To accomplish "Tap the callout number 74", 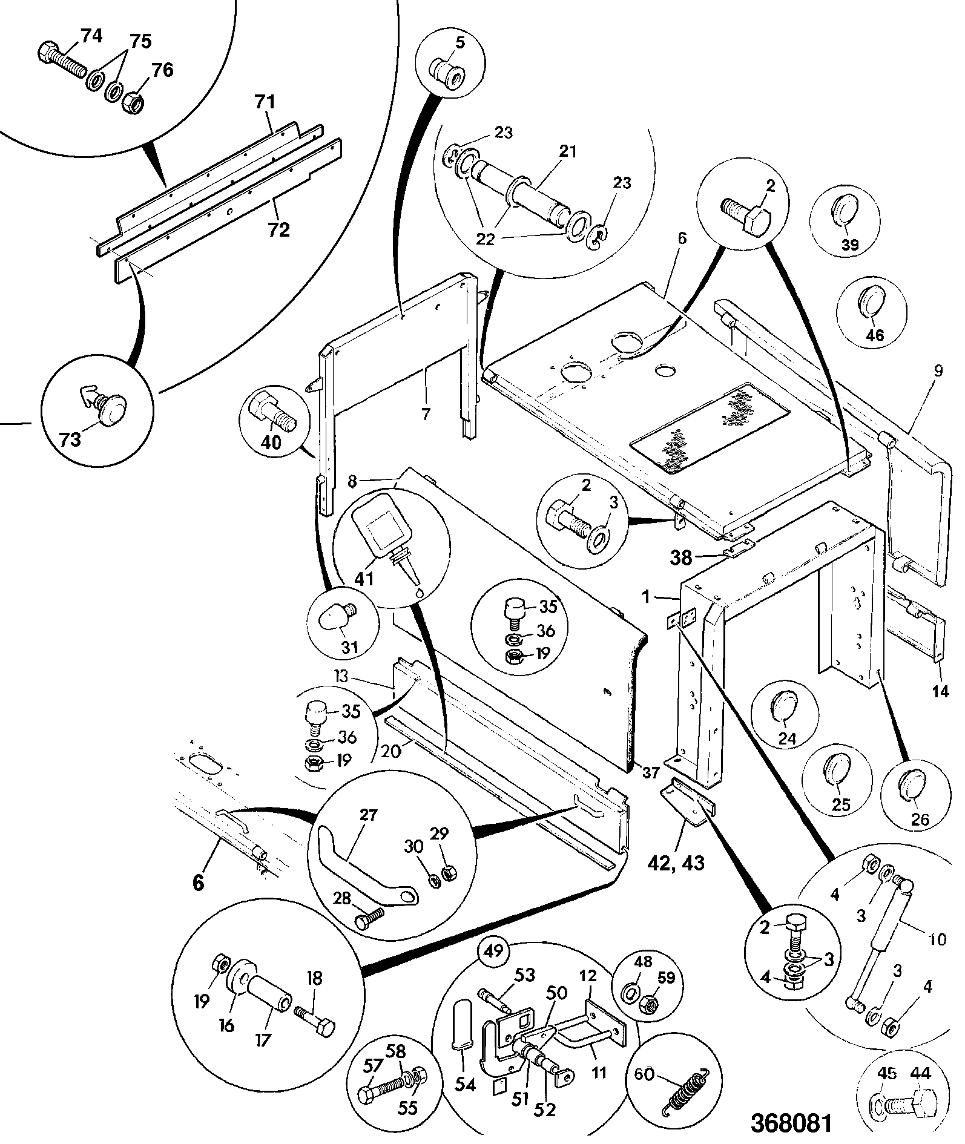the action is [x=91, y=37].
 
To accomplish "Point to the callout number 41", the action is [x=363, y=579].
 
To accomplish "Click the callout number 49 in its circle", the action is [x=494, y=952].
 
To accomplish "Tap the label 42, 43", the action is [x=680, y=862].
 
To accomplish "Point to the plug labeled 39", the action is [x=845, y=212].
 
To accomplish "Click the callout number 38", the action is [x=680, y=557].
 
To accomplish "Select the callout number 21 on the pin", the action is [x=568, y=151].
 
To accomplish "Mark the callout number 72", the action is [x=279, y=230].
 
